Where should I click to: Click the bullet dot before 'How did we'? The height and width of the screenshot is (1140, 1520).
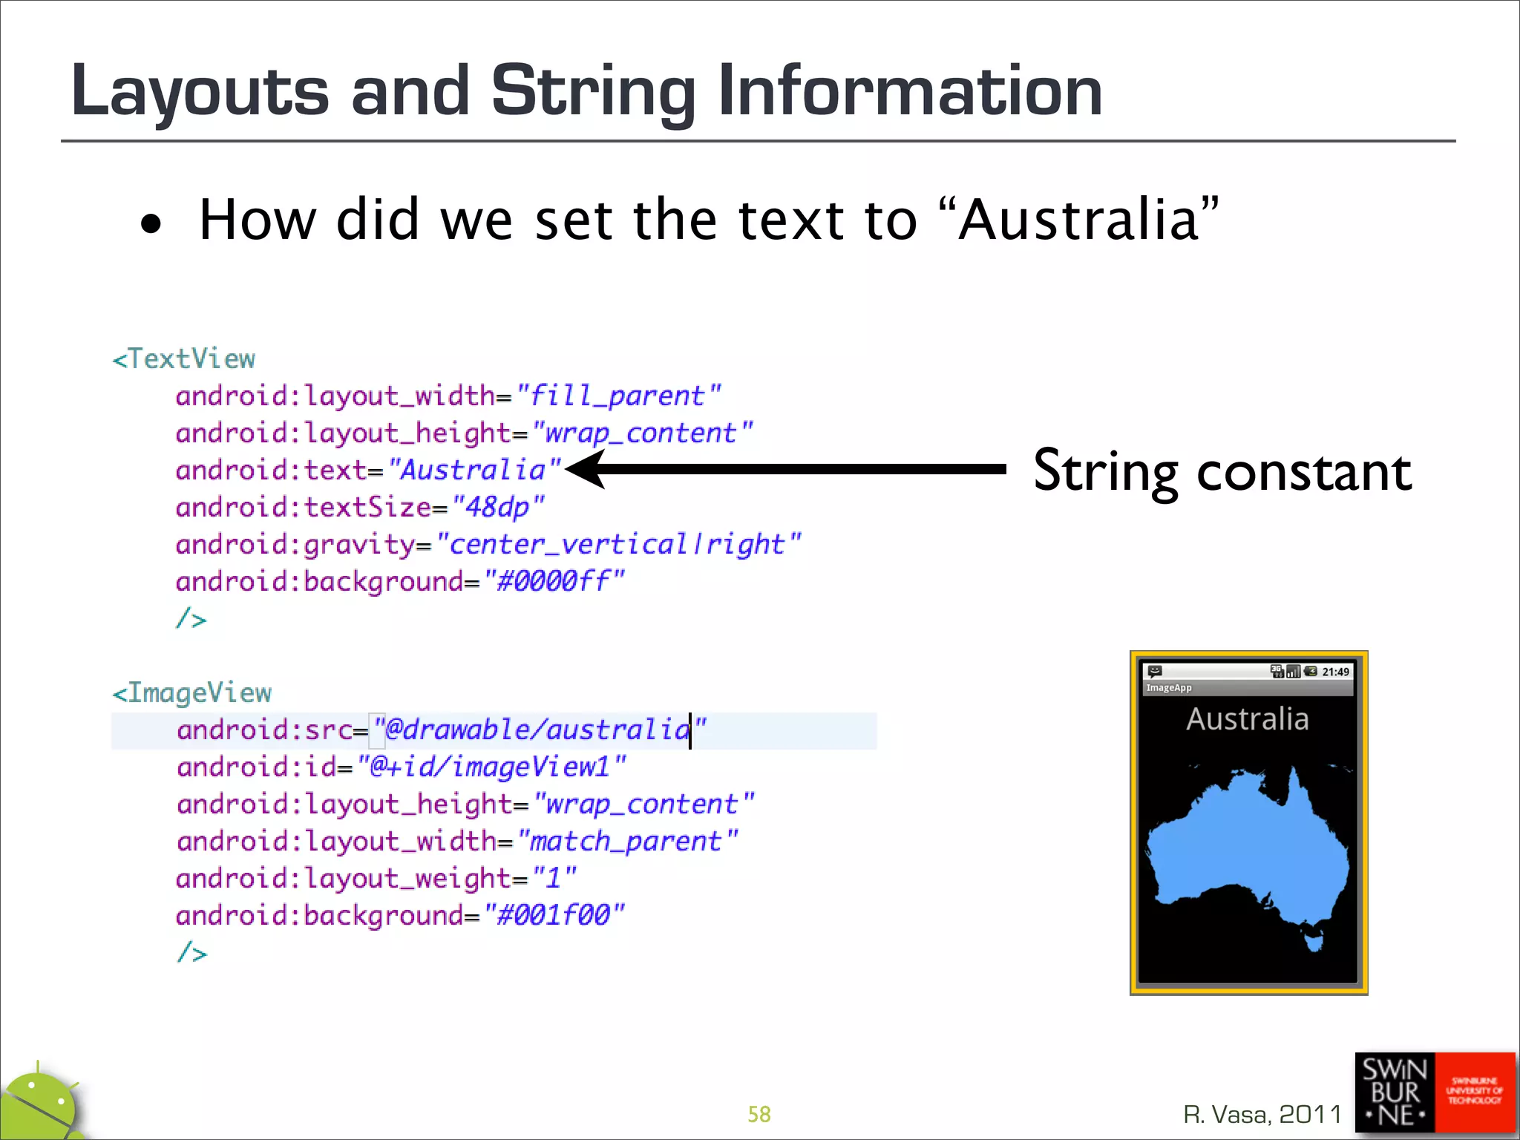(151, 223)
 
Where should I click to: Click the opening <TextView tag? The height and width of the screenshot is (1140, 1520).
(184, 359)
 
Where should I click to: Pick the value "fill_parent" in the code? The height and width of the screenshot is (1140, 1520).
(618, 396)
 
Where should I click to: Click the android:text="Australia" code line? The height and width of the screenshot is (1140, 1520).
(368, 470)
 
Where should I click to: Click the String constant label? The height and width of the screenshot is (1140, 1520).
(1222, 471)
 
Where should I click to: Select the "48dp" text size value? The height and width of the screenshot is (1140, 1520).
(498, 507)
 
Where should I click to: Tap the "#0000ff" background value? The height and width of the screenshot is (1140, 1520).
(554, 581)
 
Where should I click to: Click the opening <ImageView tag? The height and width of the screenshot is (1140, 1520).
(192, 693)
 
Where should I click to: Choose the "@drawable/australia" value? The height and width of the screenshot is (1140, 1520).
(540, 730)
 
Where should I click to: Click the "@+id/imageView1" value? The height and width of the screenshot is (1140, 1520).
(491, 767)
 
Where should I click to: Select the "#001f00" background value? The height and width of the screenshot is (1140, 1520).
(554, 915)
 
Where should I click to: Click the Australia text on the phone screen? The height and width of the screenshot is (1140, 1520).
(1247, 719)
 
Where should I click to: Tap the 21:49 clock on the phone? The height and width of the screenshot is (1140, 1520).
(1335, 672)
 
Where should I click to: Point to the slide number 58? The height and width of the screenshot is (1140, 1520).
(759, 1114)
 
